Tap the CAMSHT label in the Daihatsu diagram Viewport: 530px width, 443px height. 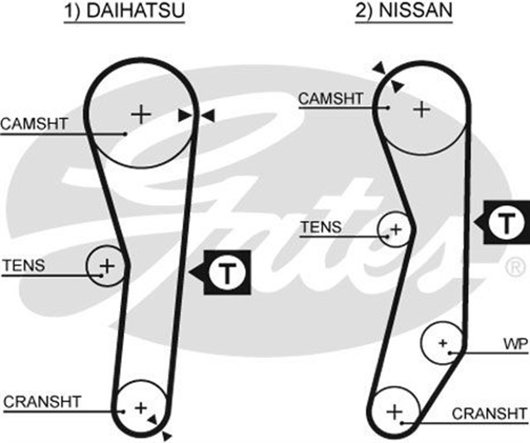[x=34, y=124]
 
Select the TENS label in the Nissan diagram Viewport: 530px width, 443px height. [x=320, y=226]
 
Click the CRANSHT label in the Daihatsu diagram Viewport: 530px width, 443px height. [x=43, y=403]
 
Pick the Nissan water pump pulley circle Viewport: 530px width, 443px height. [x=442, y=343]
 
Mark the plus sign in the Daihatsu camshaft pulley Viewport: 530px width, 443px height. [x=142, y=113]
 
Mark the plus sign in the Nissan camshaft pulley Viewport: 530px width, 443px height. [x=422, y=107]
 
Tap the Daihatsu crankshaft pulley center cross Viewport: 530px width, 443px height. [x=140, y=407]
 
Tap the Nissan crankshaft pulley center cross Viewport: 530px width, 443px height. [x=394, y=411]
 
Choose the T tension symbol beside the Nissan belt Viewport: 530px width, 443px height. [x=503, y=221]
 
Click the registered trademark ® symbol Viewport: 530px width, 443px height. [x=513, y=268]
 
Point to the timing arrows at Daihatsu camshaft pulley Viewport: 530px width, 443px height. [x=196, y=117]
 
